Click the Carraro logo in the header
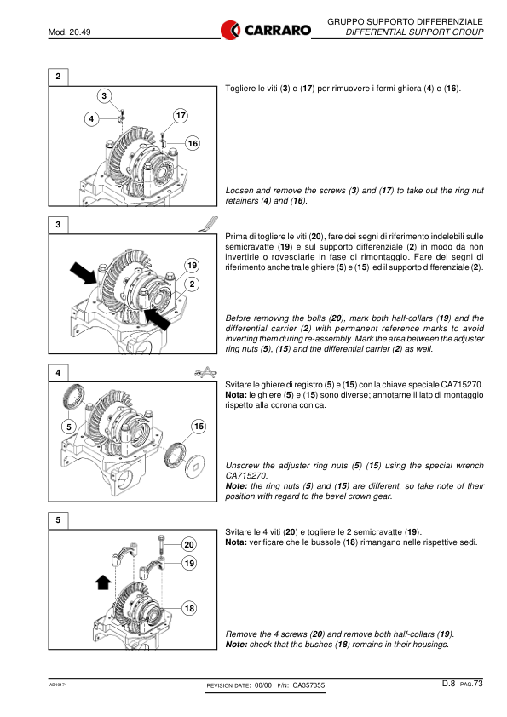(x=265, y=30)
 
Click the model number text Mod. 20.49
(x=70, y=32)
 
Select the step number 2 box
(x=58, y=77)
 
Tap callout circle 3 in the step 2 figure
(x=104, y=95)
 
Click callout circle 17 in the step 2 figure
(x=181, y=115)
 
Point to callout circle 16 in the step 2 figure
(x=193, y=143)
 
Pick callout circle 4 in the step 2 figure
(x=91, y=119)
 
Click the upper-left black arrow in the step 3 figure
(x=84, y=273)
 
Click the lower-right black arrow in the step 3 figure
(x=157, y=318)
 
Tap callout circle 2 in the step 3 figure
(x=192, y=284)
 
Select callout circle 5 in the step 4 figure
(x=69, y=427)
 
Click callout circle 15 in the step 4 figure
(x=199, y=426)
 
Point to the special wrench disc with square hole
(x=195, y=467)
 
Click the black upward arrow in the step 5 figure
(x=103, y=582)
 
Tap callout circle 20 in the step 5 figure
(x=189, y=544)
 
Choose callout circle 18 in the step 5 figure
(x=189, y=608)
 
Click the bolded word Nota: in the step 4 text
(x=236, y=395)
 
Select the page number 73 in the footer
(x=478, y=683)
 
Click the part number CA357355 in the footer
(x=308, y=685)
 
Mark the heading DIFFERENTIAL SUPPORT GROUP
(x=414, y=32)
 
